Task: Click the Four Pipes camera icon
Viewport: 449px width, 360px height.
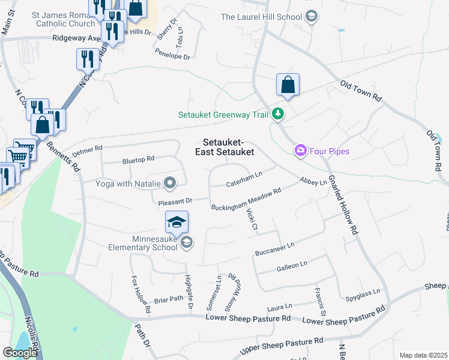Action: coord(300,151)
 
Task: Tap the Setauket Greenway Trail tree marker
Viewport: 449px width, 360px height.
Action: coord(277,113)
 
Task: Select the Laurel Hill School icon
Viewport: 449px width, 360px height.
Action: coord(311,16)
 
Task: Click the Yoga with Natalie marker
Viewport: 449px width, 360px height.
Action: coord(170,183)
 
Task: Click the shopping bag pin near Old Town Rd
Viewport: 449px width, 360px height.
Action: coord(288,85)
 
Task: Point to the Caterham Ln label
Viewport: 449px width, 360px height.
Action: coord(244,179)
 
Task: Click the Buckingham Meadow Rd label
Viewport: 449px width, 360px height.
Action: coord(246,199)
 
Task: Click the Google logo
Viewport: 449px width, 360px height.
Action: coord(20,352)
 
